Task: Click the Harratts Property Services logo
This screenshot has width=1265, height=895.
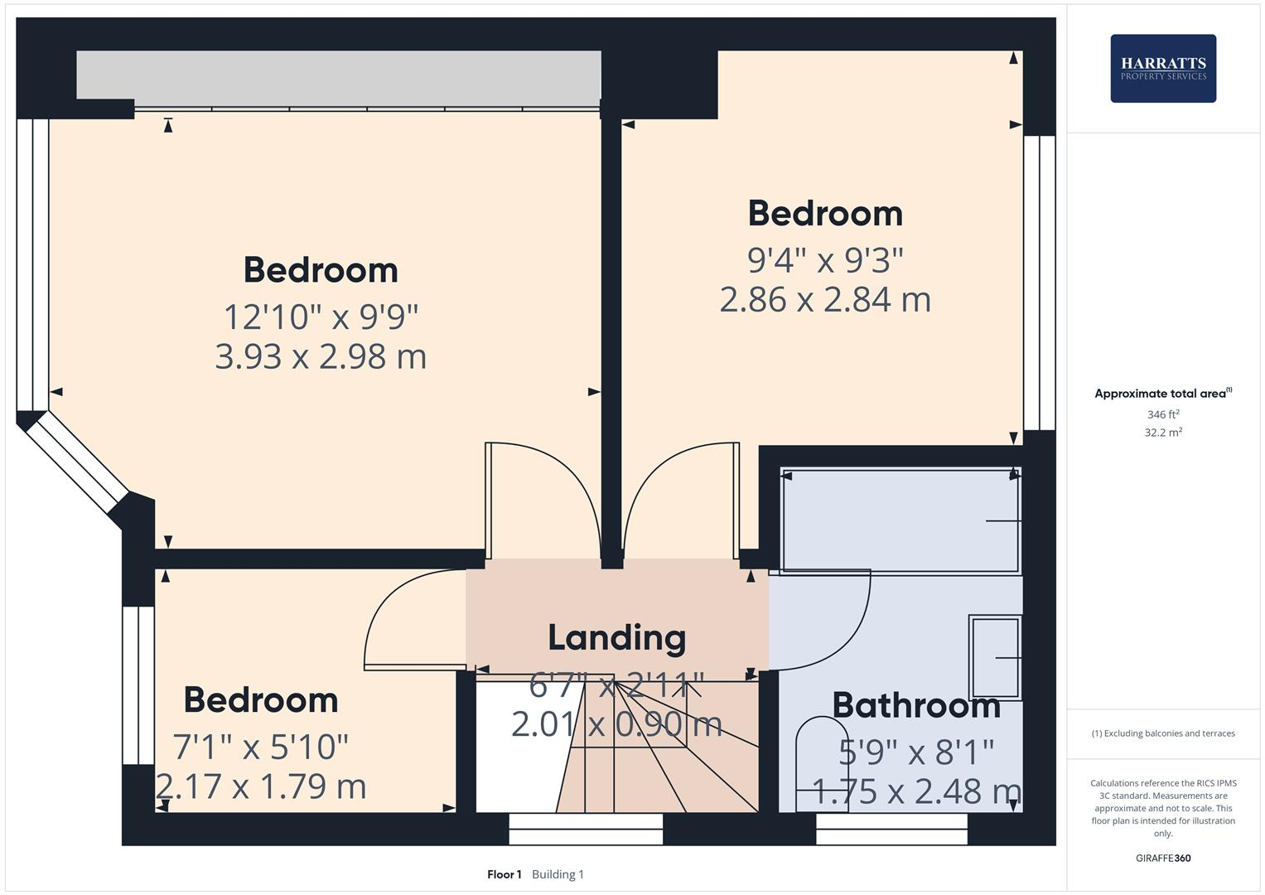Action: [1162, 68]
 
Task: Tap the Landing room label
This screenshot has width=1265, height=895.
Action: [617, 637]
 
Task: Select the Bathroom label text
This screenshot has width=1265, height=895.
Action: [916, 705]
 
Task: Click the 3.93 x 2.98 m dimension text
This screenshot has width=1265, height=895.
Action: [321, 356]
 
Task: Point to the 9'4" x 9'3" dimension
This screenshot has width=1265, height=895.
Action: [825, 259]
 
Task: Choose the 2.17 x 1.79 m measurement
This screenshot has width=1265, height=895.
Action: [261, 786]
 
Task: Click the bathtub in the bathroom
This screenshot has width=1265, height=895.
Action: [900, 520]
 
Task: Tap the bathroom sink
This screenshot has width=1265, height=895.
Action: [995, 657]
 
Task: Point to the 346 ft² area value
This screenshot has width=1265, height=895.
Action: [1163, 414]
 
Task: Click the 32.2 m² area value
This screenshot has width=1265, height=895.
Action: [1163, 433]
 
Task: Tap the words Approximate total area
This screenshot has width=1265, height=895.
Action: [1160, 394]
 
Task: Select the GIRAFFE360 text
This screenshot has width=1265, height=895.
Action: [1163, 858]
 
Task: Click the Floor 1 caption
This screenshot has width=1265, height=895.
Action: [504, 874]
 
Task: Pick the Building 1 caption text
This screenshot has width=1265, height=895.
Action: [558, 874]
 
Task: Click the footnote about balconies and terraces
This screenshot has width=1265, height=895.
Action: [1163, 733]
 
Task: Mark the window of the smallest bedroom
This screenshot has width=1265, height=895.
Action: [138, 685]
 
